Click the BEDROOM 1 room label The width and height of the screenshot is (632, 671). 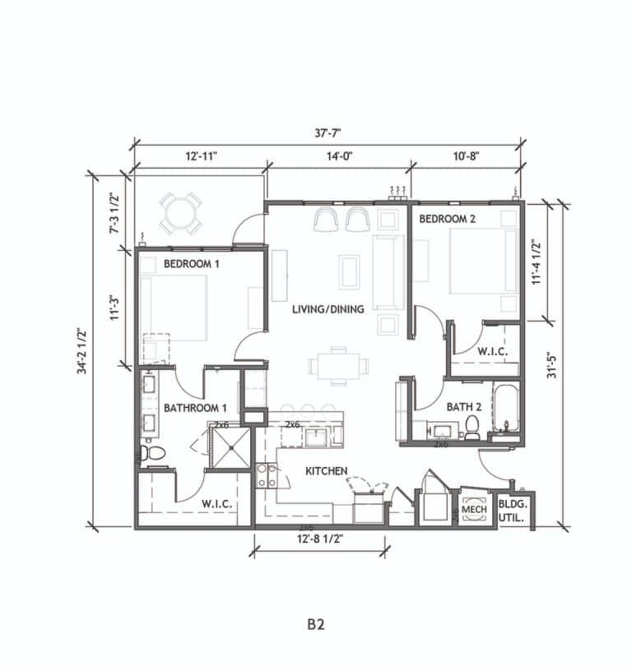tap(192, 264)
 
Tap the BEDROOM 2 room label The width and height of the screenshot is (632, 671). tap(448, 219)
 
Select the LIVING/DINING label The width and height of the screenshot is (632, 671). tap(322, 309)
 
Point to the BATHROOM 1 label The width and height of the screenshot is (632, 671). tap(195, 408)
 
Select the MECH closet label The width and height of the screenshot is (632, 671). tap(474, 510)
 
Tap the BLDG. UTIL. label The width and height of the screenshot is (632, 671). tap(514, 511)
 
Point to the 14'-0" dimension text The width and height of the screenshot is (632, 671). tap(337, 155)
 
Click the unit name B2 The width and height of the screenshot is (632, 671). tap(316, 624)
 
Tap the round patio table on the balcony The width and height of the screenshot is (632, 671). tap(180, 213)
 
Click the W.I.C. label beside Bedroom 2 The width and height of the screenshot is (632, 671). tap(492, 351)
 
